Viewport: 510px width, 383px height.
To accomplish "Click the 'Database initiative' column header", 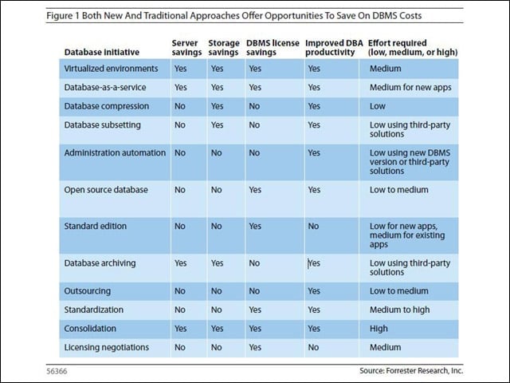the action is pos(102,52).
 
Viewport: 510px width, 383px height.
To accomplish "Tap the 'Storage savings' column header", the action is pos(224,48).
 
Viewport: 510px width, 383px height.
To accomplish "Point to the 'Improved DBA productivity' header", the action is pos(334,48).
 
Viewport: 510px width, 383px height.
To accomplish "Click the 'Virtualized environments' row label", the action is pos(111,69).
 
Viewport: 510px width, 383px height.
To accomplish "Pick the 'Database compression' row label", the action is pos(106,106).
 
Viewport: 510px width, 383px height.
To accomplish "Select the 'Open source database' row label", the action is pos(106,190).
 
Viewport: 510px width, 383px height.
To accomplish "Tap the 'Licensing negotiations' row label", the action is pos(106,348).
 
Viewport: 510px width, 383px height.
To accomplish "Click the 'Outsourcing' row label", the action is pos(87,291).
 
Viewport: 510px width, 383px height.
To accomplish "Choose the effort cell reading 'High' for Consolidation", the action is pos(379,329).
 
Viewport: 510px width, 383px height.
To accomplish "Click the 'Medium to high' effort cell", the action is pos(399,310).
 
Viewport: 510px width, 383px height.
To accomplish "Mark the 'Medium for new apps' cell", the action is pos(410,87).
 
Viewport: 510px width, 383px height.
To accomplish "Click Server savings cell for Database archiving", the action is pos(181,263).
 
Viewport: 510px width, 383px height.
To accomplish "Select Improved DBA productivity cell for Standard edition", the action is pos(313,227).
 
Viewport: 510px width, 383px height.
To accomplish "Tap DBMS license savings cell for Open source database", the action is pos(255,190).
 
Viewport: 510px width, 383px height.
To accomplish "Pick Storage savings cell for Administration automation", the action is pos(216,153).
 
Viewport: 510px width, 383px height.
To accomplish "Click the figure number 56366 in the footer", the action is pos(57,371).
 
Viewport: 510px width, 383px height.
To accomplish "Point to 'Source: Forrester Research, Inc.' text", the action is pos(411,370).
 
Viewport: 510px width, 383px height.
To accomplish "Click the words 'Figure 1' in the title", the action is pos(63,16).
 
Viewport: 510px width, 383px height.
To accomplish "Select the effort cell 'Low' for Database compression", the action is pos(377,106).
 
